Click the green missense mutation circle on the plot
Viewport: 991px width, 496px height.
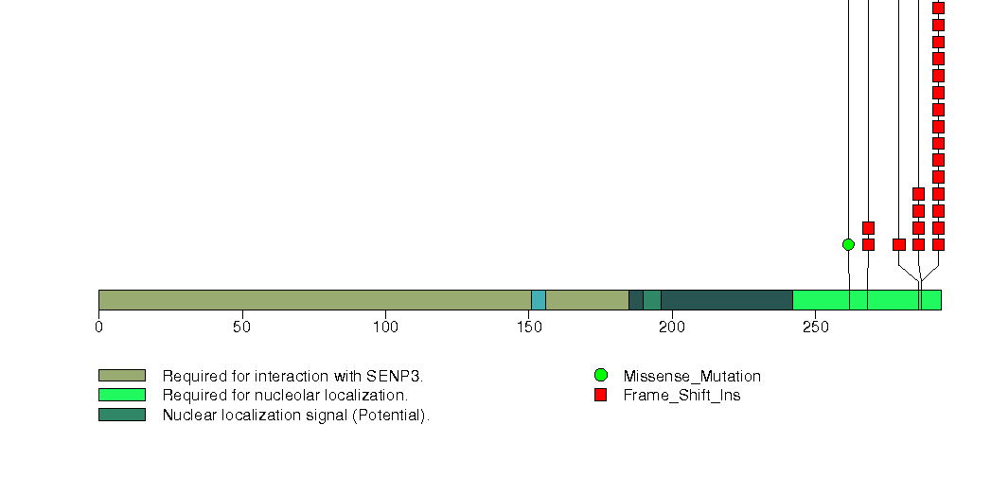[x=849, y=244]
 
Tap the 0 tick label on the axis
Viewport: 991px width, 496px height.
[x=98, y=328]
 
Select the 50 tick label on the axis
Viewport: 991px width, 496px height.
[x=242, y=328]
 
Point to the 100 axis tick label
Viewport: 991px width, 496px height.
[x=385, y=328]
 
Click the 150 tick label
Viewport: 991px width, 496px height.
[x=529, y=328]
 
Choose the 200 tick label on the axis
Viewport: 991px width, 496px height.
[x=672, y=328]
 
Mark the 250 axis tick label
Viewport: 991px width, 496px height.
[x=815, y=328]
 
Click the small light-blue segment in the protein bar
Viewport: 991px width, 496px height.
[x=539, y=300]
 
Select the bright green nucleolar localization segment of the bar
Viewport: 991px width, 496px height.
[x=867, y=300]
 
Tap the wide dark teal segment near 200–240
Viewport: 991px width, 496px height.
[x=727, y=300]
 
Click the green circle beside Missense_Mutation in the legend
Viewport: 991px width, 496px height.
[x=601, y=376]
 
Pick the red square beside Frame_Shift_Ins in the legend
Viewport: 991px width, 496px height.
[x=601, y=395]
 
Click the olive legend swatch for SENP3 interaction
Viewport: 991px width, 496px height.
[x=122, y=376]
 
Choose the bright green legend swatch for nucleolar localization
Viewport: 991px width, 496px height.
[x=122, y=395]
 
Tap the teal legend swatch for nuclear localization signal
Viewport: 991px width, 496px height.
[x=122, y=415]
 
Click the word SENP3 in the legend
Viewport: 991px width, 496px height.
[x=394, y=376]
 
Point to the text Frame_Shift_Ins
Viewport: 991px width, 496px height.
[x=681, y=396]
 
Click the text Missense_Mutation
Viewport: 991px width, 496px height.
[x=692, y=377]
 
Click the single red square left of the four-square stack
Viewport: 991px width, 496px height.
[x=899, y=244]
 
